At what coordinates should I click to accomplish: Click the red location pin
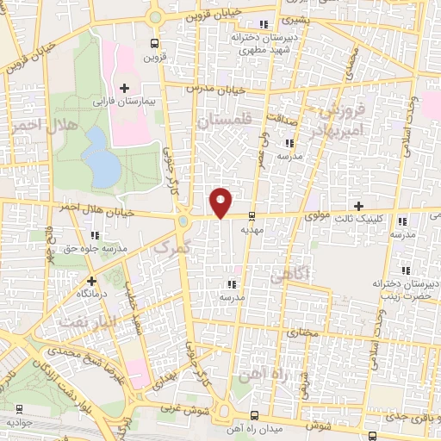221,202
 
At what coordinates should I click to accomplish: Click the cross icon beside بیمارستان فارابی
125,87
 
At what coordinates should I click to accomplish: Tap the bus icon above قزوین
154,44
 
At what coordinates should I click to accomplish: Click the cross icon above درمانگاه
91,280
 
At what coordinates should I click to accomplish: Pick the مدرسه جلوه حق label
95,249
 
